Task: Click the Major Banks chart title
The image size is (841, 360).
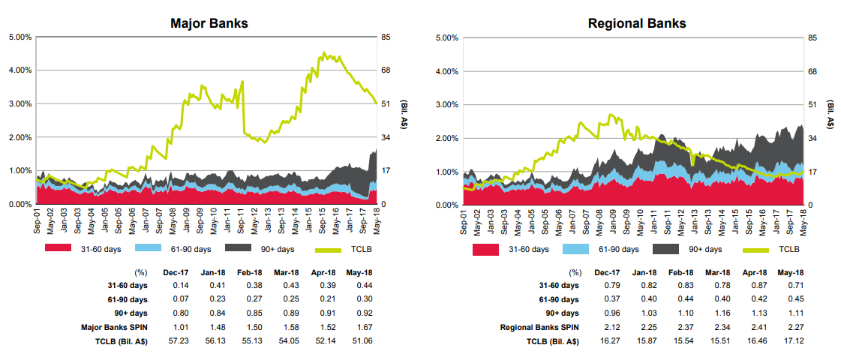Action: (x=209, y=23)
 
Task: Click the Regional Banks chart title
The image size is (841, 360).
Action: (x=637, y=23)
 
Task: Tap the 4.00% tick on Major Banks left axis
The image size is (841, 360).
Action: (x=20, y=70)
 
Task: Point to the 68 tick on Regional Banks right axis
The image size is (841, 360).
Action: (x=812, y=71)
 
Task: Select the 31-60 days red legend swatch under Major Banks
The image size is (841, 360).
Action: (x=58, y=247)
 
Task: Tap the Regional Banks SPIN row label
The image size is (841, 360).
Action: (x=540, y=327)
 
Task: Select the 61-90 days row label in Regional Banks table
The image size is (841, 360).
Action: (x=559, y=299)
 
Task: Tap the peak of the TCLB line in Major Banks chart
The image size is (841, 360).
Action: (x=323, y=53)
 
